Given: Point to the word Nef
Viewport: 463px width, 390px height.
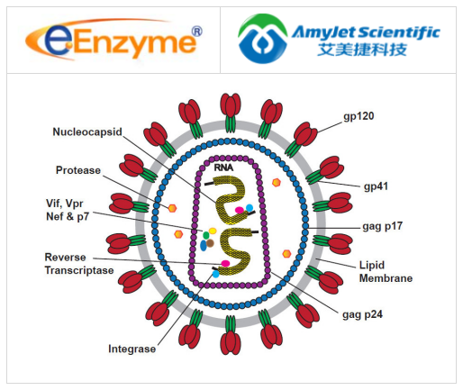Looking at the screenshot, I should coord(59,216).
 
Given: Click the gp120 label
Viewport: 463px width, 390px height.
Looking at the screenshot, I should coord(362,117).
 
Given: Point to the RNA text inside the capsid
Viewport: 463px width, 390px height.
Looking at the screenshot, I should coord(223,167).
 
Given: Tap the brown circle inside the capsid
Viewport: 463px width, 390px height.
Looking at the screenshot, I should coord(210,242).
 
